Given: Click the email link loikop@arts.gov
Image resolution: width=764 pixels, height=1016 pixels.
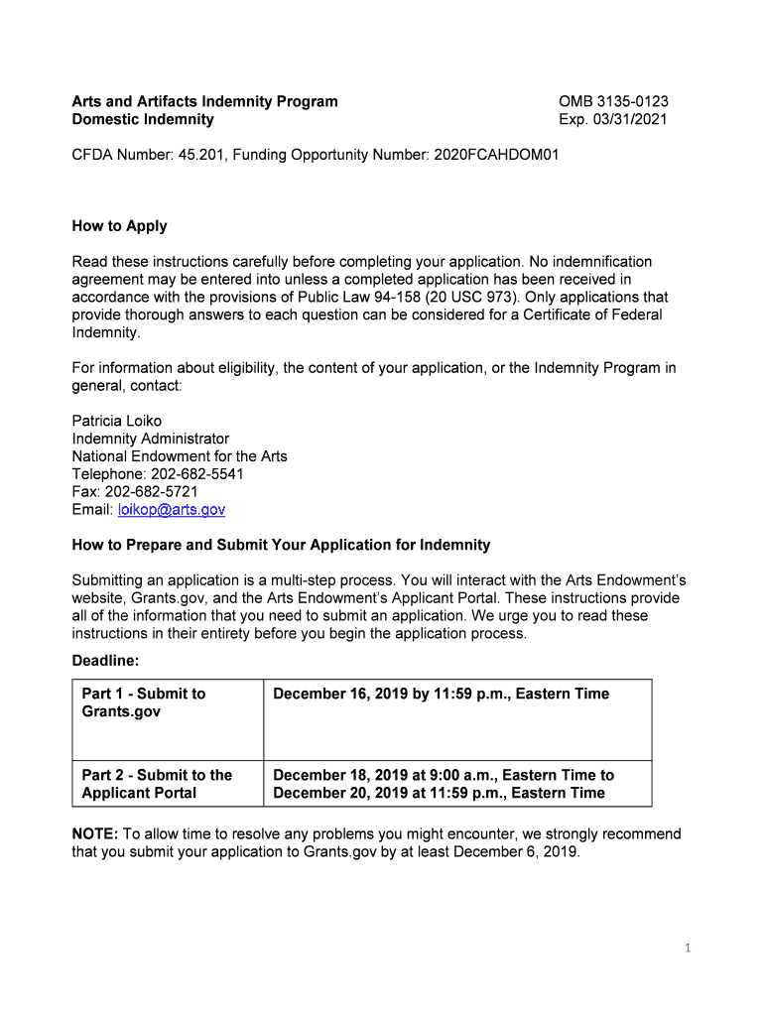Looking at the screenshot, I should click(172, 509).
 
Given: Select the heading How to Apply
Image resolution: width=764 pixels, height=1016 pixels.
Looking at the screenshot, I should click(119, 226).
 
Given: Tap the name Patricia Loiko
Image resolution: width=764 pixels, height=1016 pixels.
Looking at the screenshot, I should click(116, 421).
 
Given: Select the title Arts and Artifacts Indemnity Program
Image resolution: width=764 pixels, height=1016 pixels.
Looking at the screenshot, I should click(204, 101).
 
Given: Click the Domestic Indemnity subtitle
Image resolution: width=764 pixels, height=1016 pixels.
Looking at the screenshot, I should click(143, 119).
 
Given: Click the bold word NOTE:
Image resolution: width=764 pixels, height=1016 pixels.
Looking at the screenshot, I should click(95, 833).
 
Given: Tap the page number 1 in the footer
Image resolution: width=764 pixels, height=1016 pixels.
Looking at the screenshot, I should click(687, 949).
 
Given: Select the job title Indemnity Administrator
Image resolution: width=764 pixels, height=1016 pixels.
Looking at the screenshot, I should click(150, 439).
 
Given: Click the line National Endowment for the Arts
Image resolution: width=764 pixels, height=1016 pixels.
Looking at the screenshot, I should click(180, 456).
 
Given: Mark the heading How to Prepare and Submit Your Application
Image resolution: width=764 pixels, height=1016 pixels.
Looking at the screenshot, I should click(281, 545).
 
